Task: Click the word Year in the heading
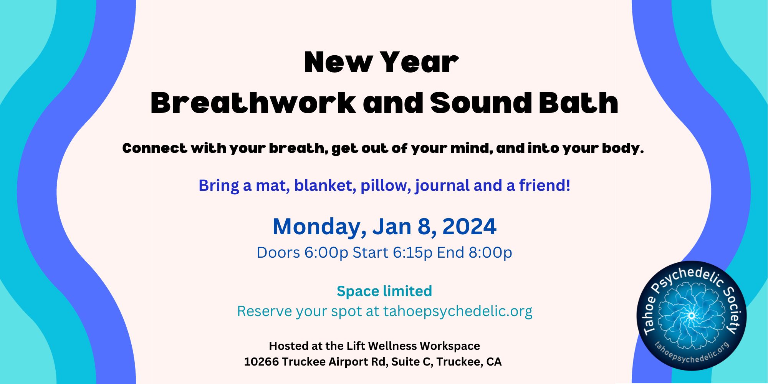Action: click(419, 62)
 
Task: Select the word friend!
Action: click(545, 185)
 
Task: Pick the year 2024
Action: click(469, 227)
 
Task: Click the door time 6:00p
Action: click(326, 253)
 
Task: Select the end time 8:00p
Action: click(490, 253)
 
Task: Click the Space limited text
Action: click(384, 291)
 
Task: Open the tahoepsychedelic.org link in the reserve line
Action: click(458, 311)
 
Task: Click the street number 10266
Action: click(262, 362)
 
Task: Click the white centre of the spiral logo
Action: click(692, 316)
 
